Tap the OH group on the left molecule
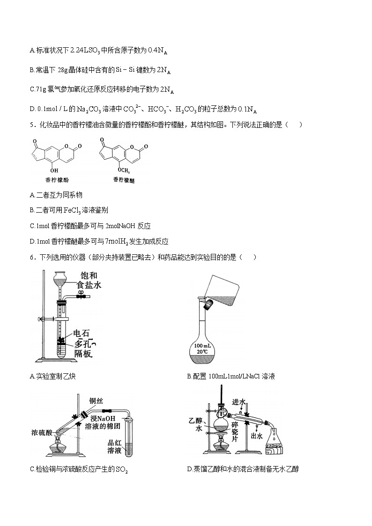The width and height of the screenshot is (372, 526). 54,170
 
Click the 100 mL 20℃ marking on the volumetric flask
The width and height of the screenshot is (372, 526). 203,349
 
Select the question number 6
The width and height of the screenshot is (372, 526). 31,257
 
